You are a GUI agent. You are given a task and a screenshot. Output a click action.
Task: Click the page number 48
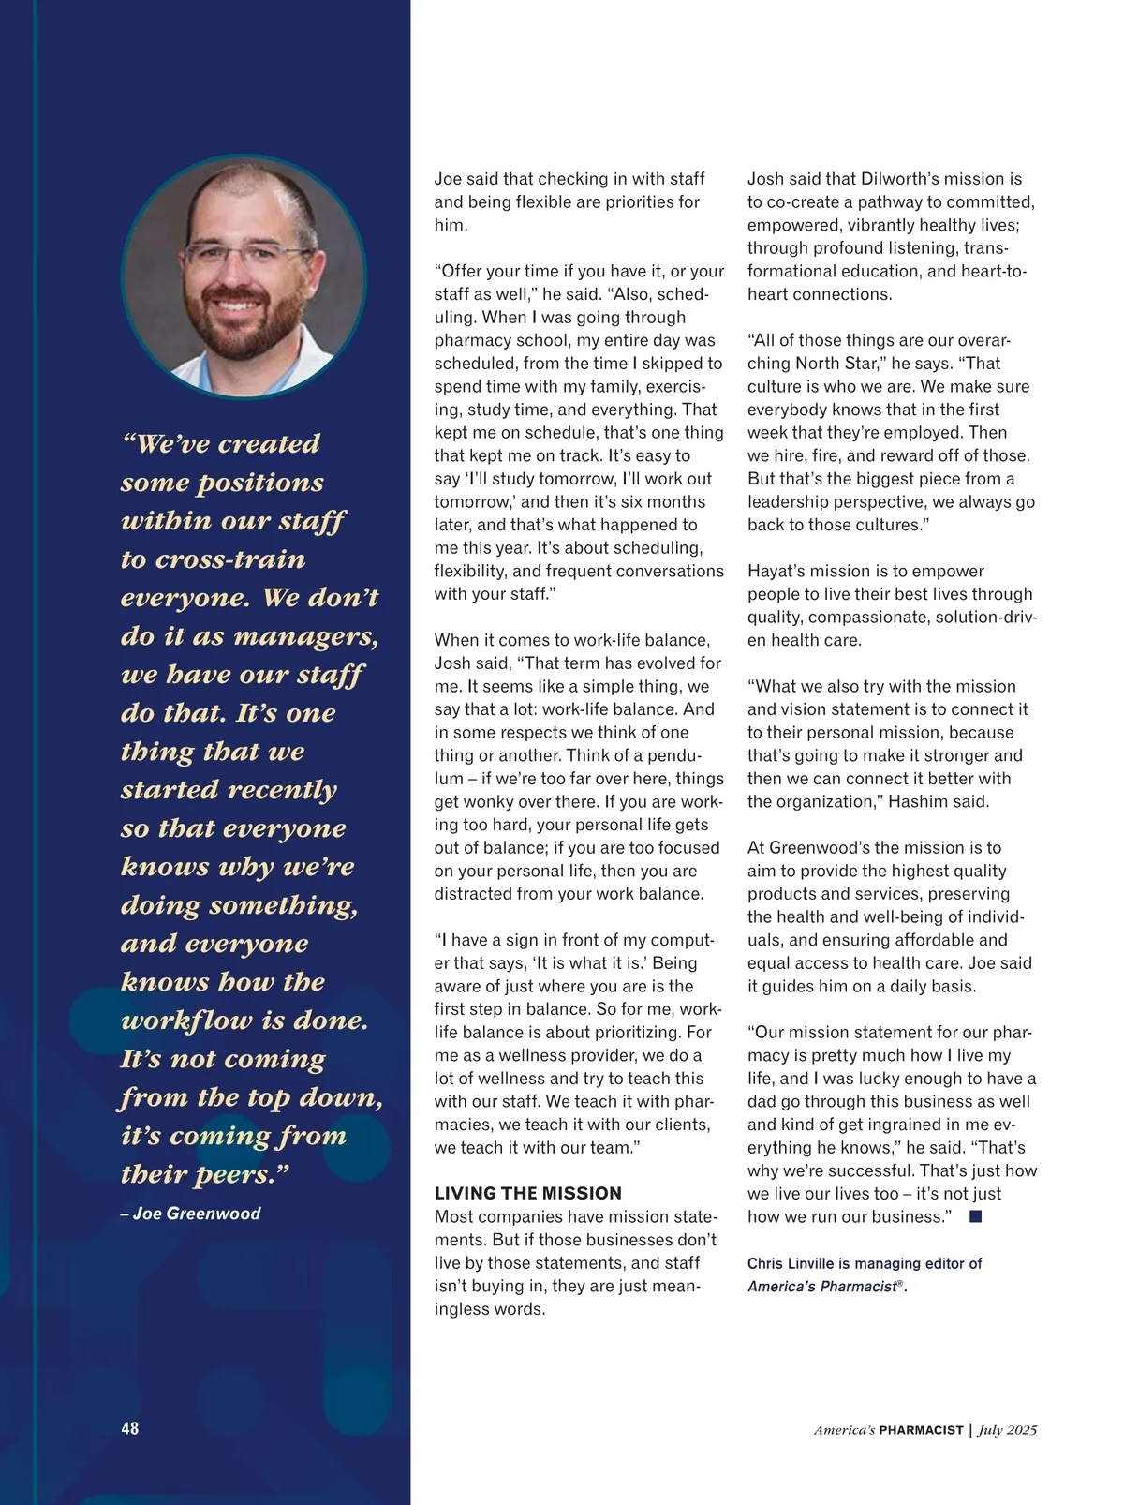pyautogui.click(x=129, y=1428)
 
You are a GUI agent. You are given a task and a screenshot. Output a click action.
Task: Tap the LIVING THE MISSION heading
pyautogui.click(x=527, y=1193)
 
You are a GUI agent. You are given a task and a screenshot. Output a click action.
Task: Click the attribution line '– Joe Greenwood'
pyautogui.click(x=191, y=1213)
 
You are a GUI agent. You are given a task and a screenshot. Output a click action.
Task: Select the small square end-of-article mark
pyautogui.click(x=975, y=1216)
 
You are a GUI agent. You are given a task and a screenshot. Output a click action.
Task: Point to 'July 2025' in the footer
pyautogui.click(x=1008, y=1430)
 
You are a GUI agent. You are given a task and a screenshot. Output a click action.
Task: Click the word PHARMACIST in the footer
pyautogui.click(x=921, y=1430)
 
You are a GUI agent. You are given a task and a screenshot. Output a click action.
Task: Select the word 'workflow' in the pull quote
pyautogui.click(x=186, y=1021)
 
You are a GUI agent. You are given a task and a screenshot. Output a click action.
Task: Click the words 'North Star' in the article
pyautogui.click(x=836, y=363)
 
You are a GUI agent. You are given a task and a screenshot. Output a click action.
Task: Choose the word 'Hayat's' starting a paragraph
pyautogui.click(x=777, y=571)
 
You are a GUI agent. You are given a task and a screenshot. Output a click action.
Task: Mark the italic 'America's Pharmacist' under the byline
pyautogui.click(x=821, y=1287)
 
